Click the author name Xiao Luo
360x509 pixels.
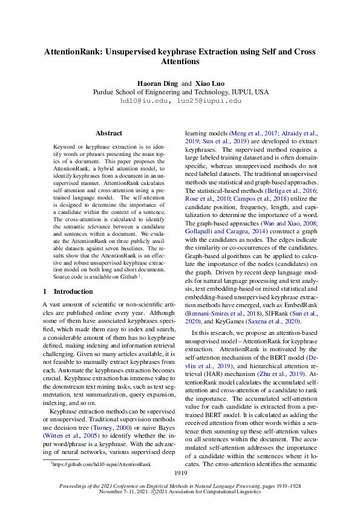pos(209,83)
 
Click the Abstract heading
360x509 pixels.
pos(109,133)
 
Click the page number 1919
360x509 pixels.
pos(180,473)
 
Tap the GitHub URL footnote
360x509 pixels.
pos(101,464)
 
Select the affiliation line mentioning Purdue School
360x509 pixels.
pos(180,92)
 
